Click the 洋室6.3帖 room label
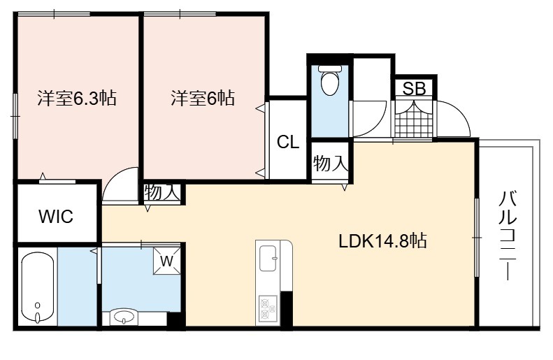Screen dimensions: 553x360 77,98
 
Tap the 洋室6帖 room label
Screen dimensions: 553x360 203,98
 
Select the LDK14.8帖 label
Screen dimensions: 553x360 382,241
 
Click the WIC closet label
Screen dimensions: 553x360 56,216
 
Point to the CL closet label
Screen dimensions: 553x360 288,142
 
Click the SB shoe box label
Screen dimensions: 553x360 415,89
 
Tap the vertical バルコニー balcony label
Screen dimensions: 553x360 508,235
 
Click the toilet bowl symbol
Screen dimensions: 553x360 330,80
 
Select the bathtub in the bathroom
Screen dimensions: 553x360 37,287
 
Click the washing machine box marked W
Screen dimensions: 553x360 167,261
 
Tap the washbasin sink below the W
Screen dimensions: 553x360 123,316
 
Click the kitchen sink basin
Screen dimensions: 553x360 268,258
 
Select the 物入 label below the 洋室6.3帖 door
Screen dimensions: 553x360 162,192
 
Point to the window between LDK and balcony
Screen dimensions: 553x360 477,237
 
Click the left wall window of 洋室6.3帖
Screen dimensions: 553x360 15,115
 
